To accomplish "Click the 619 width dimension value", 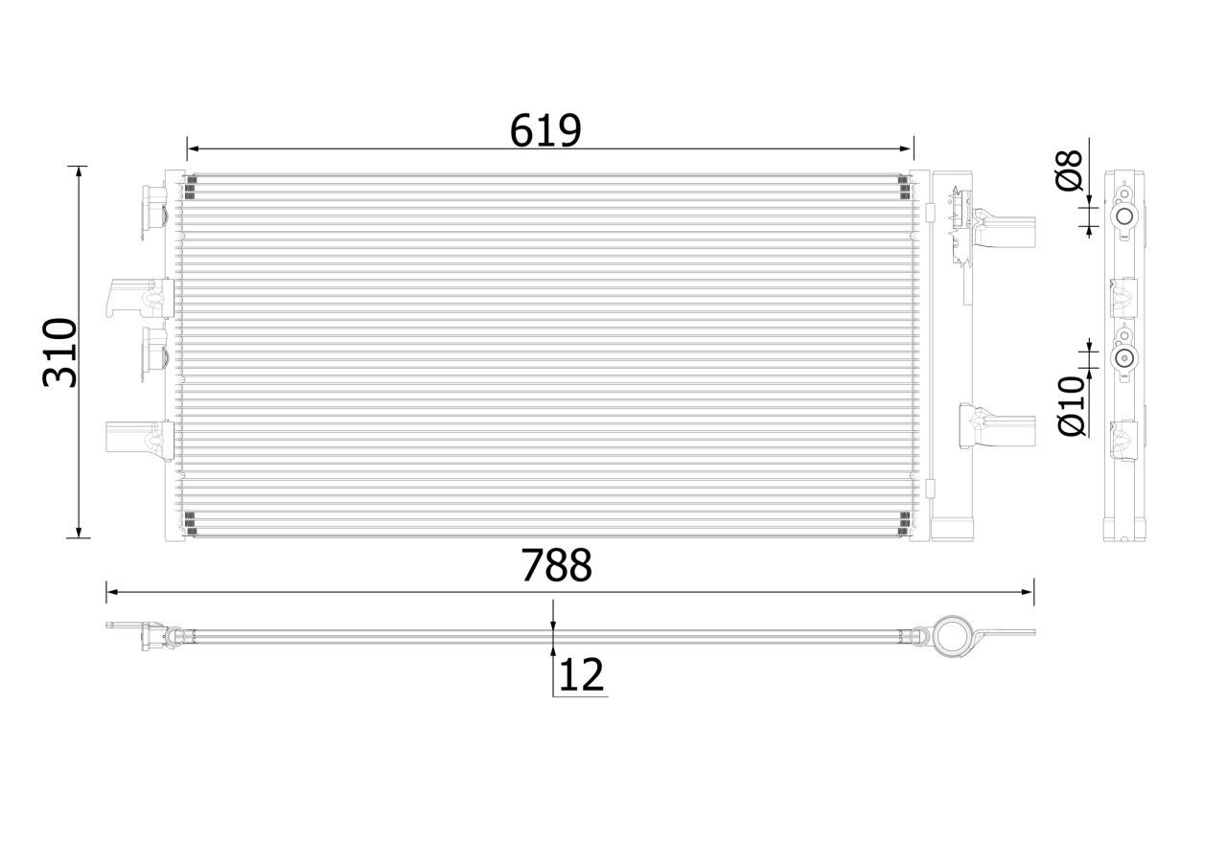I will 545,130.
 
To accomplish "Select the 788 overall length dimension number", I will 556,566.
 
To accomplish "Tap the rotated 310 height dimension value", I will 59,352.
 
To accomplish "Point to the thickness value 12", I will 581,675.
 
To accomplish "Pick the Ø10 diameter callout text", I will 1071,406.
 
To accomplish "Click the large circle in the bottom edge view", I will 955,635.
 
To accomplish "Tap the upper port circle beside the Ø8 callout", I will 1123,218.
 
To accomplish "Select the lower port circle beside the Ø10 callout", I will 1123,359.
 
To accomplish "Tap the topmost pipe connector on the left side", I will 153,210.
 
